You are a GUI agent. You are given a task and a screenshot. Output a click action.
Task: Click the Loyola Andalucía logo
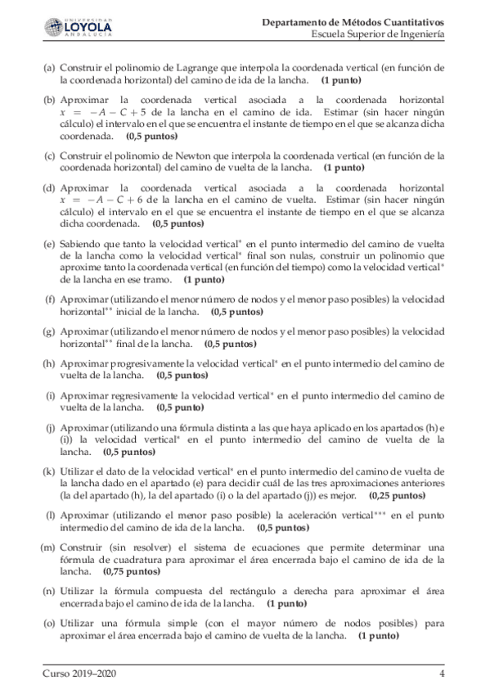[78, 28]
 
